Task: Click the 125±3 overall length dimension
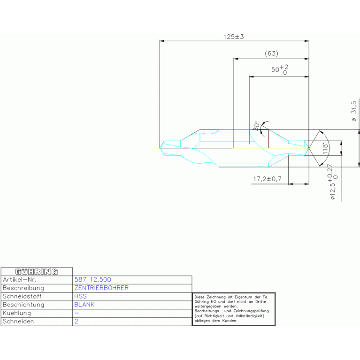click(x=234, y=37)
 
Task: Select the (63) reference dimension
click(x=271, y=53)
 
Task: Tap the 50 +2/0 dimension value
click(x=280, y=70)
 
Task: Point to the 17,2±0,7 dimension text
click(x=267, y=179)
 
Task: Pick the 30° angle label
click(x=256, y=126)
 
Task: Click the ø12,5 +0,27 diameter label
click(x=333, y=184)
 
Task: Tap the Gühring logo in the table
click(x=37, y=271)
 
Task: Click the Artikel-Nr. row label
click(x=20, y=279)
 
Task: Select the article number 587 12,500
click(x=93, y=279)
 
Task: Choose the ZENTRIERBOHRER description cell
click(x=101, y=288)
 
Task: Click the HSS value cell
click(x=80, y=296)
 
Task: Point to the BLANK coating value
click(x=84, y=305)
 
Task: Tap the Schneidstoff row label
click(x=22, y=296)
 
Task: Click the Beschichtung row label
click(x=23, y=305)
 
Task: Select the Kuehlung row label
click(x=17, y=313)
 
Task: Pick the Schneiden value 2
click(x=76, y=322)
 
